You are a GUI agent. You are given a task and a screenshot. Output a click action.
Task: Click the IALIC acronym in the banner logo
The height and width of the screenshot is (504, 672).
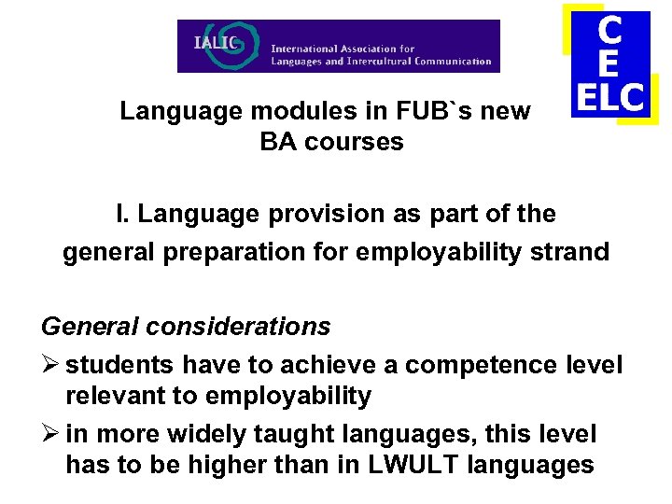216,42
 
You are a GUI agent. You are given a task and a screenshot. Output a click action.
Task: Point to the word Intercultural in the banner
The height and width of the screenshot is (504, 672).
377,63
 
